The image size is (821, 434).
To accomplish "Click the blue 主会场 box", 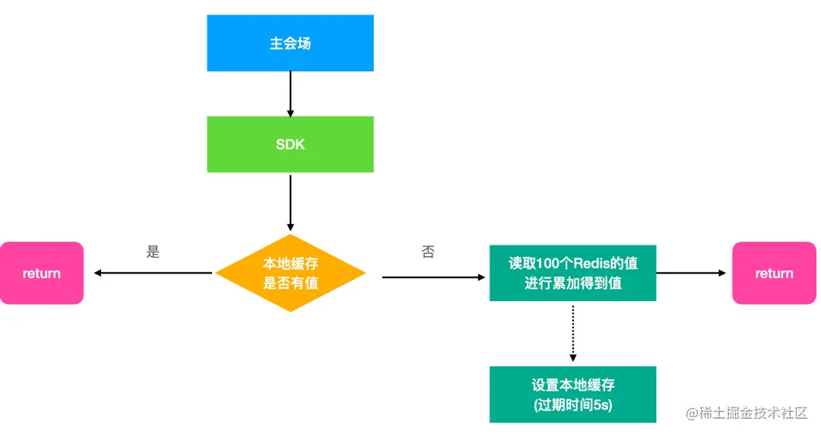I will click(x=290, y=43).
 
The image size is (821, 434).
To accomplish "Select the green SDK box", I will click(x=290, y=144).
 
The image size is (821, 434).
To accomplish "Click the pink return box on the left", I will click(x=42, y=274).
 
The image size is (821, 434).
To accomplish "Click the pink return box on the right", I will click(x=774, y=274).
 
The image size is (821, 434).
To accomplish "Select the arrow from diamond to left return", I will click(x=152, y=273).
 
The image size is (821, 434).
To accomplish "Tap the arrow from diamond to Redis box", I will click(x=433, y=277).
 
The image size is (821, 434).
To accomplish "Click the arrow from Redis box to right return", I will click(x=692, y=273).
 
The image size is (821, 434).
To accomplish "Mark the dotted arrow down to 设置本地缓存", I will click(x=572, y=332).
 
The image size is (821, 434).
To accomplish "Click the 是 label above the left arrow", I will click(x=153, y=252).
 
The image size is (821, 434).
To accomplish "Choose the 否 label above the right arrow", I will click(x=428, y=252).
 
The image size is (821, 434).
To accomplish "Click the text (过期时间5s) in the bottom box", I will click(x=572, y=405).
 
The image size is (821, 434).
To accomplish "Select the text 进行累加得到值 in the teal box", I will click(x=572, y=284).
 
